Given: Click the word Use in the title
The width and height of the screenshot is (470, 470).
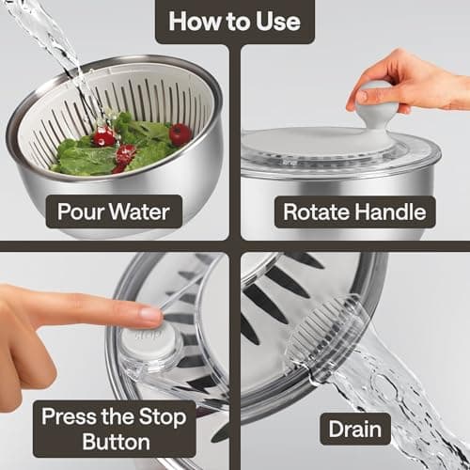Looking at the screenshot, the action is (x=278, y=22).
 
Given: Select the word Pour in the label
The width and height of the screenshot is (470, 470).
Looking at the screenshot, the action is (x=81, y=211).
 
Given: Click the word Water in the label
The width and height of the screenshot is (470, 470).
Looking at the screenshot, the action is (x=140, y=211).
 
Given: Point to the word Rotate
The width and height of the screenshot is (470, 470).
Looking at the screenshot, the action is (x=317, y=212).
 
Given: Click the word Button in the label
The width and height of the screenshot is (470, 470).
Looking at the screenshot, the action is (x=117, y=442).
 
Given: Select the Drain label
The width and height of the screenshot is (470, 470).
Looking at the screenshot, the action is (x=355, y=429).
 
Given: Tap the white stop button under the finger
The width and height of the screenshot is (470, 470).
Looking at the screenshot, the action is (x=149, y=340).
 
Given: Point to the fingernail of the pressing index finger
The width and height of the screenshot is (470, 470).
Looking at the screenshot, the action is (x=151, y=314).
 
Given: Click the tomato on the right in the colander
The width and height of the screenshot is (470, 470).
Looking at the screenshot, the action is (x=180, y=134).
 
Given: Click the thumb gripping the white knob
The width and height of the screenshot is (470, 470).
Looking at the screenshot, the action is (x=360, y=98).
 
